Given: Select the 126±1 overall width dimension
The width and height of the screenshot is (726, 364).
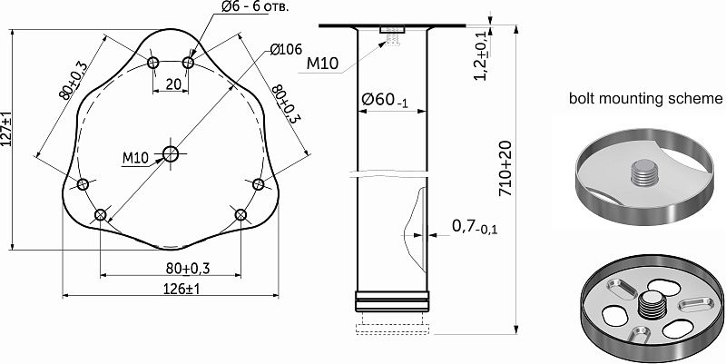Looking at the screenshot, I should pos(169,288).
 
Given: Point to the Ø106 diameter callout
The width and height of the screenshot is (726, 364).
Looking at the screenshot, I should pos(284,49).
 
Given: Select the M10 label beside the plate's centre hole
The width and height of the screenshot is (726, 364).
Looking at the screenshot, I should pos(134,158).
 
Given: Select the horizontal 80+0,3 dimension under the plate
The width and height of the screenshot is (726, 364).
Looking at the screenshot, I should pos(170,268).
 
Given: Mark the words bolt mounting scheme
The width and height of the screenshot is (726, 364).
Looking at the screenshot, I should pos(645,98).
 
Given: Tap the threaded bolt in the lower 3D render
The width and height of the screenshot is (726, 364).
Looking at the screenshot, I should pos(650,307).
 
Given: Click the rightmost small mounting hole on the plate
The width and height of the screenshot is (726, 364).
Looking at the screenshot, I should pos(258,185).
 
